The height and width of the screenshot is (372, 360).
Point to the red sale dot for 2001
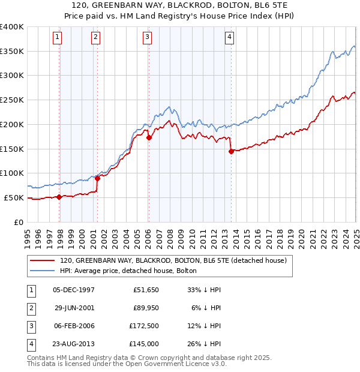pos(97,178)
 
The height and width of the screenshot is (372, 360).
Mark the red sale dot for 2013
pos(231,151)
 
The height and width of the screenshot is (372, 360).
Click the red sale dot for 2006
pos(149,137)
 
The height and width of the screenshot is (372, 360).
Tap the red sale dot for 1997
pos(59,197)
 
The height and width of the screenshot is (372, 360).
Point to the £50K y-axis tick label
pos(13,197)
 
